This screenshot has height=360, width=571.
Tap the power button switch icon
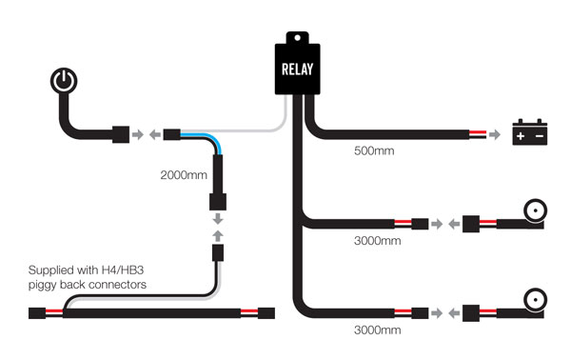click(63, 82)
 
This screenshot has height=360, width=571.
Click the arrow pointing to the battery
click(495, 134)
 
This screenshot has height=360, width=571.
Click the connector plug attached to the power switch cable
click(122, 134)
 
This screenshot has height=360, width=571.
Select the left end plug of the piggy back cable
click(41, 312)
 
